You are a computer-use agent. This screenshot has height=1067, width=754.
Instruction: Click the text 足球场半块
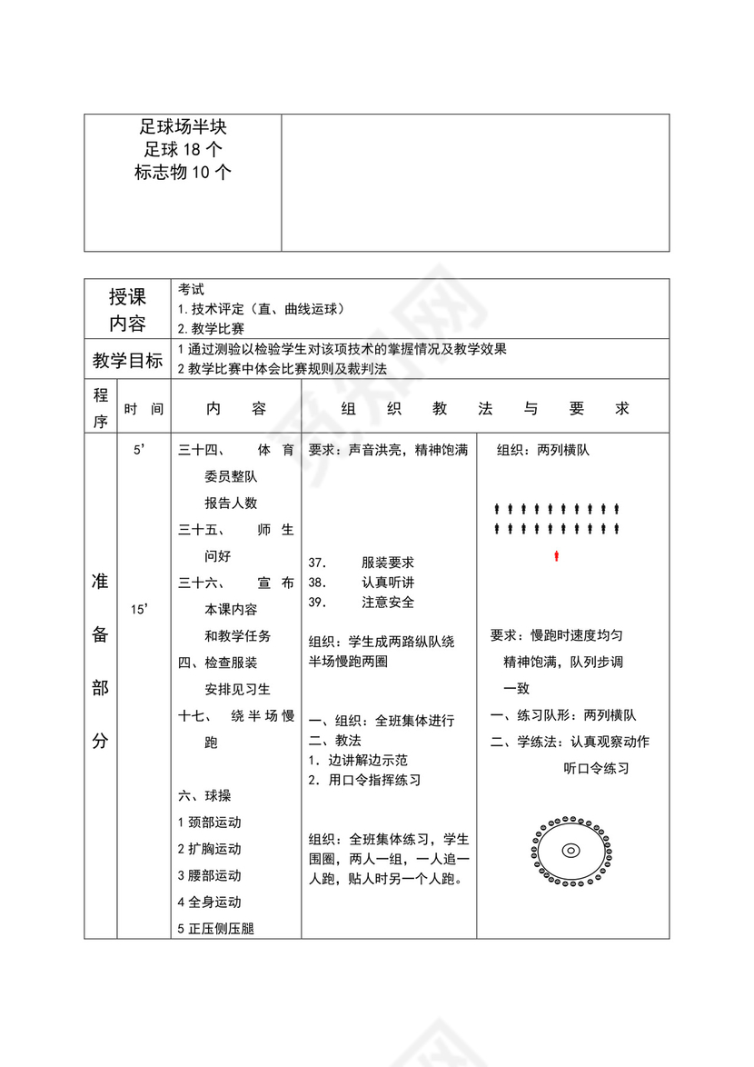[183, 128]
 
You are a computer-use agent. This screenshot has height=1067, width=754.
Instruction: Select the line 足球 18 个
[183, 150]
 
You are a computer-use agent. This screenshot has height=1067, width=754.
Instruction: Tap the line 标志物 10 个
[183, 172]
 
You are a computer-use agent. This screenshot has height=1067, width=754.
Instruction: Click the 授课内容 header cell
[127, 310]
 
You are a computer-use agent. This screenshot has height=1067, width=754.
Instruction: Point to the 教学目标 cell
[127, 361]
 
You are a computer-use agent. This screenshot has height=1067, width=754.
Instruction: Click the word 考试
[191, 289]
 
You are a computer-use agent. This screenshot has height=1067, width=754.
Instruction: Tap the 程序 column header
[100, 408]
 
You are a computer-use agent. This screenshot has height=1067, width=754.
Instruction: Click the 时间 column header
[144, 410]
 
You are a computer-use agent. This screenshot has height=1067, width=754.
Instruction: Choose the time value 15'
[139, 610]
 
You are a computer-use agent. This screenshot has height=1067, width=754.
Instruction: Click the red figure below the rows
[556, 554]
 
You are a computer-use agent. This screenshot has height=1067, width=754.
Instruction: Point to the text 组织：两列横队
[542, 450]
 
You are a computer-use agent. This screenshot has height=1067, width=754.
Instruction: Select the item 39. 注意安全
[362, 602]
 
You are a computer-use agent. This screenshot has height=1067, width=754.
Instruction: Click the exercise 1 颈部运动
[209, 823]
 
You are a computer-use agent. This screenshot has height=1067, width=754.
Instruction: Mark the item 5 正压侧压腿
[215, 929]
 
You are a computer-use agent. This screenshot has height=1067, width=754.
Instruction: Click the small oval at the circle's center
[570, 851]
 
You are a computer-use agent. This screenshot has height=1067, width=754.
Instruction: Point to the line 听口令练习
[596, 769]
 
